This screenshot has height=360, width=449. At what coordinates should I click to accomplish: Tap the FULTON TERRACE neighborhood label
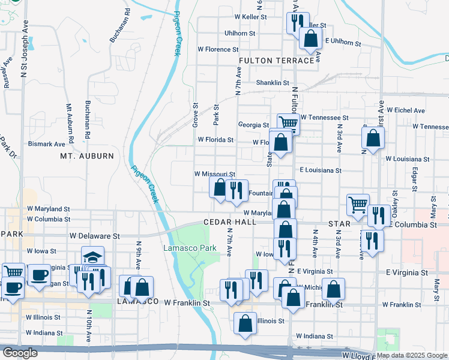[276, 61]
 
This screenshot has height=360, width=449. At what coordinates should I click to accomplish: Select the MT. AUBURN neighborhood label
[86, 156]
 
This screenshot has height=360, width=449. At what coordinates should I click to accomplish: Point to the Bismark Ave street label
[46, 144]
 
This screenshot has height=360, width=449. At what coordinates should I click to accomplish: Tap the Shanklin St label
[273, 83]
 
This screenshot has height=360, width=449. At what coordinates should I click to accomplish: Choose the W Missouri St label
[214, 173]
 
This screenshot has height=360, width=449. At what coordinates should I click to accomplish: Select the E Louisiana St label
[321, 170]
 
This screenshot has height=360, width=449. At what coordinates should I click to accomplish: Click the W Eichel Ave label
[406, 110]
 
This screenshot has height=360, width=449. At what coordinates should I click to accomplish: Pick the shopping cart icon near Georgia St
[288, 123]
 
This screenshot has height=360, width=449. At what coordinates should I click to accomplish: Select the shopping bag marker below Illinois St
[246, 324]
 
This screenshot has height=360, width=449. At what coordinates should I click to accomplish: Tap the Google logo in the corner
[20, 353]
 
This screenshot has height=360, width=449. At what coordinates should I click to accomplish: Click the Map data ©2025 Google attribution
[412, 355]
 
